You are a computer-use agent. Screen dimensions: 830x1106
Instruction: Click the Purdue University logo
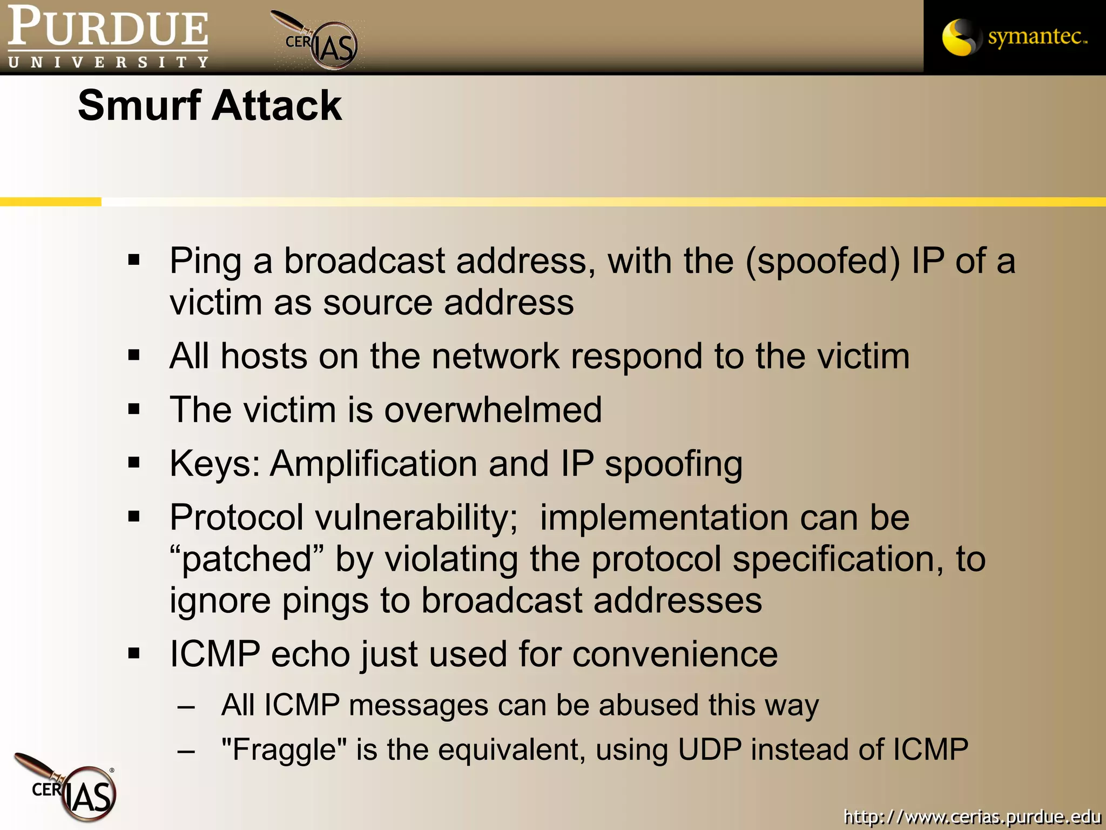tap(108, 37)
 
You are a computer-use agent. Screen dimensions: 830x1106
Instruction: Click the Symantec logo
tap(1014, 37)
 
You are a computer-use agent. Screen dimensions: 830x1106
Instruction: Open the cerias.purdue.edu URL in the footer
tap(972, 816)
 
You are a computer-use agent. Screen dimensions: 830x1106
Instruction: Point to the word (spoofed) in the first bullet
tap(823, 260)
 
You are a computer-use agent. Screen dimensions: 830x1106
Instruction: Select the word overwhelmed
tap(493, 409)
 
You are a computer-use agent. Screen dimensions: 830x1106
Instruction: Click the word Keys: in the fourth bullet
tap(215, 464)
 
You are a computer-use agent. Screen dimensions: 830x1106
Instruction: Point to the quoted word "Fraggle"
tap(285, 749)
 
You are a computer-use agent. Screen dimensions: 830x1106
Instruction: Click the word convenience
tap(675, 654)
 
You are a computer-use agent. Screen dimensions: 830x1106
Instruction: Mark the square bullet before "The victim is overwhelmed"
tap(134, 409)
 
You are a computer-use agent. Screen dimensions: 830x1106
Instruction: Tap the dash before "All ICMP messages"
tap(186, 706)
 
